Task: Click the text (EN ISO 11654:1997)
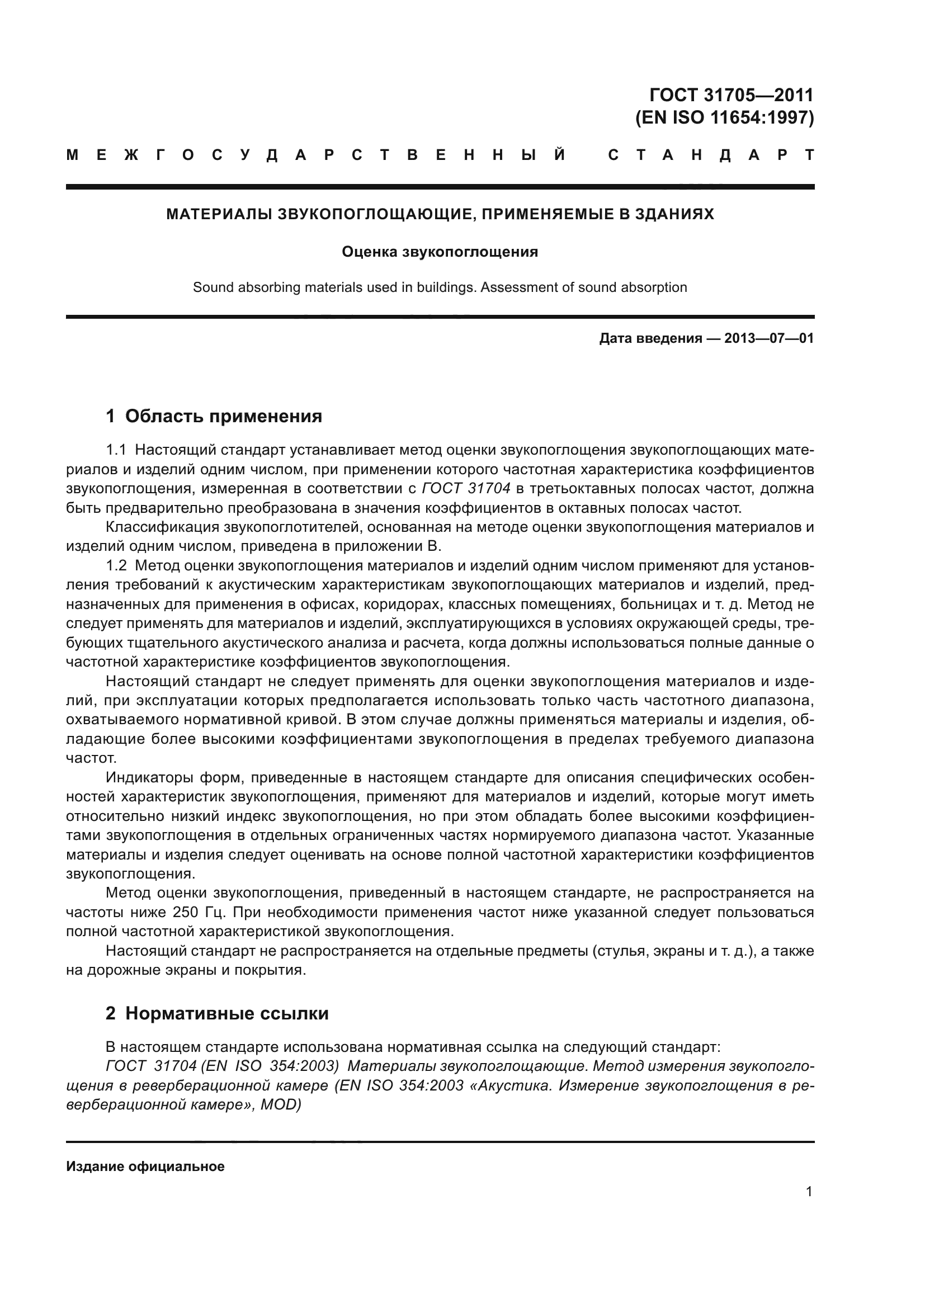(x=724, y=117)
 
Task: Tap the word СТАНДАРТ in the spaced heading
(x=711, y=155)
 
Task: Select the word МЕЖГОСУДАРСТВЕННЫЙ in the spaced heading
(x=316, y=155)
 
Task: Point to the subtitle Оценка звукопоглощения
(x=440, y=252)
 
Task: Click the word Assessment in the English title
(x=519, y=287)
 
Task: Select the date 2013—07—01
(x=768, y=338)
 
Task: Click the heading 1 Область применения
(x=214, y=417)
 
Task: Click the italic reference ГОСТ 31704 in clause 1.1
(x=466, y=489)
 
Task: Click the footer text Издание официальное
(x=145, y=1167)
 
